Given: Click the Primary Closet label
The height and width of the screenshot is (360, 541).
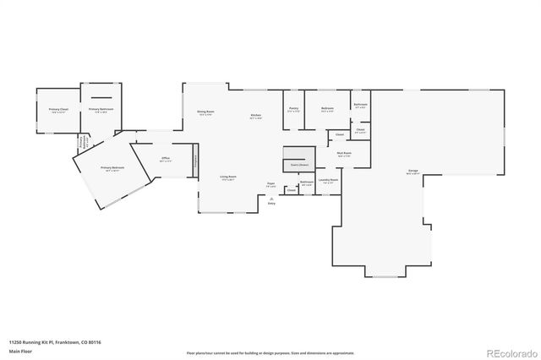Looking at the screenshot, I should coord(57,111).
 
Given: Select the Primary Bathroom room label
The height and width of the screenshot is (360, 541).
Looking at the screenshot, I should coord(101,110).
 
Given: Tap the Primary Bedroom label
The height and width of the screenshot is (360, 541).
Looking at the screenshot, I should coord(112,169).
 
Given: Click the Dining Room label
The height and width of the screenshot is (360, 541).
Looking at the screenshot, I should coord(205,112).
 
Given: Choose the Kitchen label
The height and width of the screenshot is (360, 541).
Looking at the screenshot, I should coord(255,117).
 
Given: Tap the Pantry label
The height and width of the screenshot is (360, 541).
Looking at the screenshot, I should coord(292,109).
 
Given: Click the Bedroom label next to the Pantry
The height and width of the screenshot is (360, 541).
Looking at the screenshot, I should coord(328,109).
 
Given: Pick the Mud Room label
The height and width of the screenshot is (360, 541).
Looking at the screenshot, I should coord(344,155).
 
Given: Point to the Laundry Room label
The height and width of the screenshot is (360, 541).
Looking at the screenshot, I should coord(328,180).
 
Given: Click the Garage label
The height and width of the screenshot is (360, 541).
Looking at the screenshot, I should coord(413,172).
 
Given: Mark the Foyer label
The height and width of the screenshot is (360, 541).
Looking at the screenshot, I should coord(271,184).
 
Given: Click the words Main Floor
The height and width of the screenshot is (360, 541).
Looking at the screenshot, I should coord(21,351).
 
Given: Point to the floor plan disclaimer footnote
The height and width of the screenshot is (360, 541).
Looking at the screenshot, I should coord(270,352).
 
